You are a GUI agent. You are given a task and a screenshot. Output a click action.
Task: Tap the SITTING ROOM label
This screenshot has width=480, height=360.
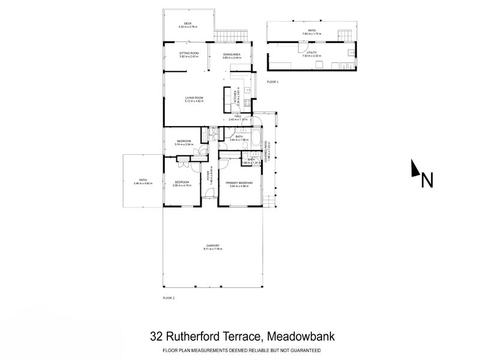pos(188,55)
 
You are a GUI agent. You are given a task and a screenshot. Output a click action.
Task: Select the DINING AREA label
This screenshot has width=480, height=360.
pos(232,55)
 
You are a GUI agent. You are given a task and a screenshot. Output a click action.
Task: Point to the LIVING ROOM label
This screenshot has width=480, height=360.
pos(194,97)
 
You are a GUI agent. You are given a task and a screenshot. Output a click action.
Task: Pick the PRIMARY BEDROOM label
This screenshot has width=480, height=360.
pos(239,182)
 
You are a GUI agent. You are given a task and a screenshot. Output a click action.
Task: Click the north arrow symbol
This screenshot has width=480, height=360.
pos(415,169)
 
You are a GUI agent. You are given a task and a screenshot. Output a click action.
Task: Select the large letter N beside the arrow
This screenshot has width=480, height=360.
pos(427,179)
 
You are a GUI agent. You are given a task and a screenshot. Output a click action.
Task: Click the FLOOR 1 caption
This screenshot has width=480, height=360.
pos(272,81)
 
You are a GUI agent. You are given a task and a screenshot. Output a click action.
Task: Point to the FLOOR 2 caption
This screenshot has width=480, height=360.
pos(169,298)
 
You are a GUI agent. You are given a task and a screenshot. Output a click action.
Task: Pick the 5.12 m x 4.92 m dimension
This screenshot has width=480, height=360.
pos(194,101)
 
